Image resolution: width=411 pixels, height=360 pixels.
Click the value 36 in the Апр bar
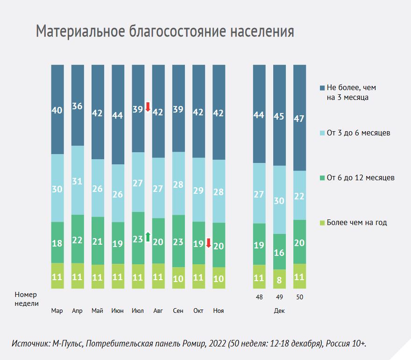78,106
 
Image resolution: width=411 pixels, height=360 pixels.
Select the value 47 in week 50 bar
299,119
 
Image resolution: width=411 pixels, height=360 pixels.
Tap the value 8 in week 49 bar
279,280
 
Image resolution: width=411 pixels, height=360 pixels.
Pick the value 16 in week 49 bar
279,253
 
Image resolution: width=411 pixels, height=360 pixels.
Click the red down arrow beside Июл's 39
148,107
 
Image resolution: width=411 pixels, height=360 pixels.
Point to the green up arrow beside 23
148,237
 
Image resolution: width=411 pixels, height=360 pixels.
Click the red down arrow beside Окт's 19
208,243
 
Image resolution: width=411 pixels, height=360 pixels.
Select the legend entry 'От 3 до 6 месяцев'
355,133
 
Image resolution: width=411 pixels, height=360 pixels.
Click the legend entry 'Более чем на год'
354,222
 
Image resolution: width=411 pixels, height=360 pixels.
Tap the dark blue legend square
322,88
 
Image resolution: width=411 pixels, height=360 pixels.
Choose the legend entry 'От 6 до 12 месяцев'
357,177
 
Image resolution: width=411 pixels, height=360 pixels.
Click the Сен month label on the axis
178,311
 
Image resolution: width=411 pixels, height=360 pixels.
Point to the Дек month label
279,311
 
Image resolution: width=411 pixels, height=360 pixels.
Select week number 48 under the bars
259,297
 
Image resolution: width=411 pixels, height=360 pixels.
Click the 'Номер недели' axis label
27,299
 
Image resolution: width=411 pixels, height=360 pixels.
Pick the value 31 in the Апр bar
78,181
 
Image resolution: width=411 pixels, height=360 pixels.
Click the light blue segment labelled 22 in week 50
299,195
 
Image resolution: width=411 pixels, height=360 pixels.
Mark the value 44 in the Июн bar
117,115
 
